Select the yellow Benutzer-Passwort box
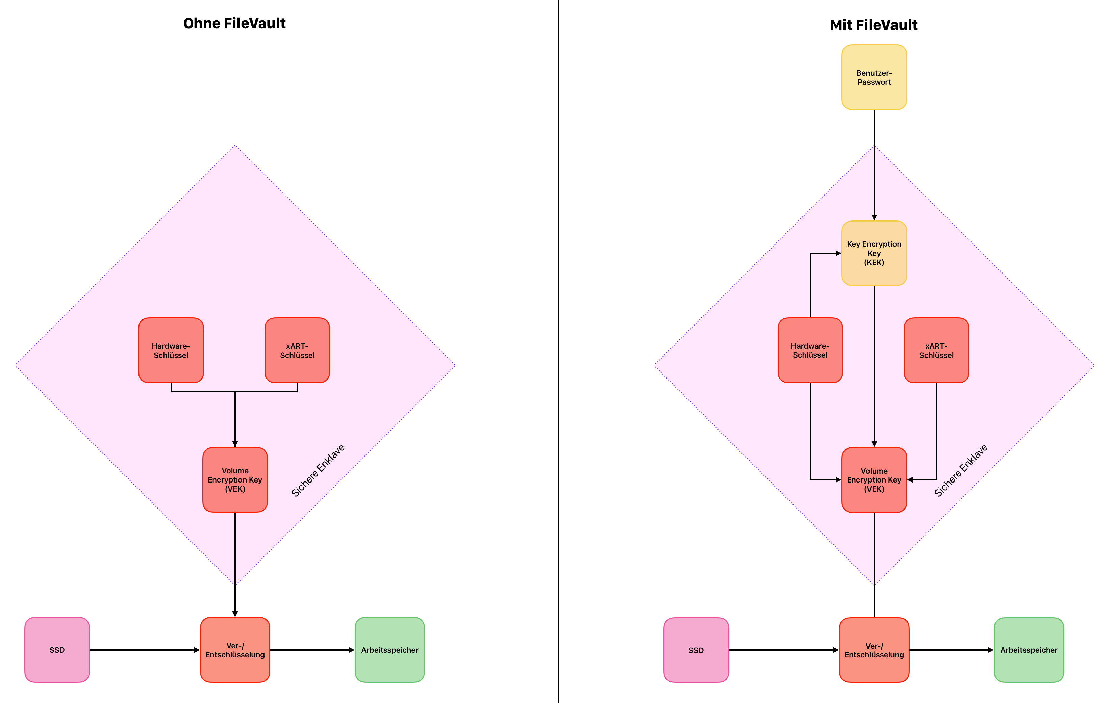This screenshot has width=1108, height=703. (x=874, y=77)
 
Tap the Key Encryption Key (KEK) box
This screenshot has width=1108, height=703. (x=874, y=253)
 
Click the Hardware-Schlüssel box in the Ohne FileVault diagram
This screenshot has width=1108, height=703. (x=171, y=350)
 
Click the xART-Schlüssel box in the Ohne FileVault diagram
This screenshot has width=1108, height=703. (x=297, y=350)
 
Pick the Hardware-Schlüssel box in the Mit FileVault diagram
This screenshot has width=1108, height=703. (x=810, y=350)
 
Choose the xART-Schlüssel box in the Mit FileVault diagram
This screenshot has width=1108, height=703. (x=936, y=350)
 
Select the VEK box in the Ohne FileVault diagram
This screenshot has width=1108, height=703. (x=235, y=479)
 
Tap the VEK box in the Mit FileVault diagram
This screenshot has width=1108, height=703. (x=874, y=479)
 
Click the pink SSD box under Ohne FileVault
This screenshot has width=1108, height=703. (x=57, y=650)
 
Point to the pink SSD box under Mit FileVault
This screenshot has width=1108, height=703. (x=696, y=650)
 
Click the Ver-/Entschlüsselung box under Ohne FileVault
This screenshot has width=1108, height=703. (x=235, y=650)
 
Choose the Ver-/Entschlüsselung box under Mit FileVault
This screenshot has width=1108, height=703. (x=874, y=650)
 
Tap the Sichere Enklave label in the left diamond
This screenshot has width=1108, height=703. (x=318, y=470)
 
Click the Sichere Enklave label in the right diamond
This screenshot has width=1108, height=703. (x=960, y=470)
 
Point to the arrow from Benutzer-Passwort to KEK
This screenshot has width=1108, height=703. (x=874, y=166)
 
